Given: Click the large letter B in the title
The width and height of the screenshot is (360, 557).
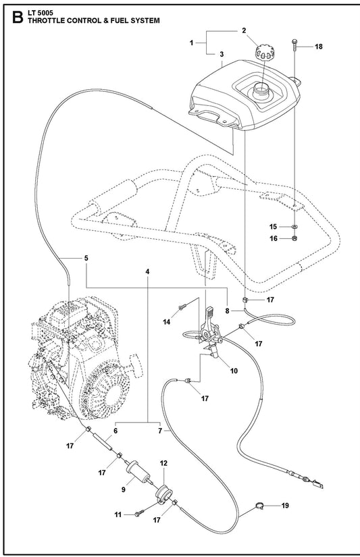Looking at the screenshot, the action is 18,17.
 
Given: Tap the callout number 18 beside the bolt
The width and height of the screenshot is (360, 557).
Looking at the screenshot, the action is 318,47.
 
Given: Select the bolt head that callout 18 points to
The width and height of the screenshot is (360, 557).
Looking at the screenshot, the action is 294,42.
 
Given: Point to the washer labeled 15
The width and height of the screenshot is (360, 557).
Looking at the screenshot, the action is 294,226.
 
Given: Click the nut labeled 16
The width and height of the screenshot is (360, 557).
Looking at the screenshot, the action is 294,238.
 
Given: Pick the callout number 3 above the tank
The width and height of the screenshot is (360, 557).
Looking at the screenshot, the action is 222,55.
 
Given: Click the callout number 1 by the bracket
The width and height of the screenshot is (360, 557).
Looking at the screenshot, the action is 192,43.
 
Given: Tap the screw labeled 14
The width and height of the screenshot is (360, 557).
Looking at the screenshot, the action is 182,308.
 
